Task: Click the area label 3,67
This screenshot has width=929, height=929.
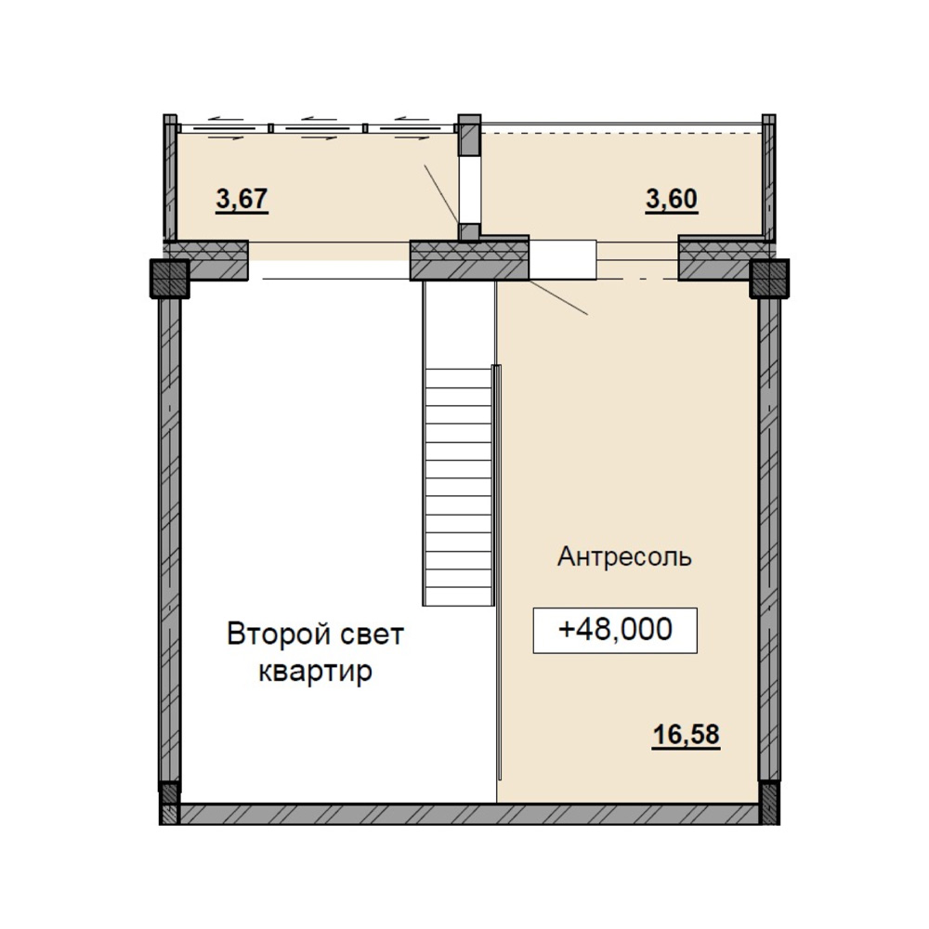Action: click(x=242, y=199)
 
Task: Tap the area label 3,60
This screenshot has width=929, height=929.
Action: click(x=672, y=199)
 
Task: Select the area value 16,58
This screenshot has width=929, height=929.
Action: click(x=687, y=735)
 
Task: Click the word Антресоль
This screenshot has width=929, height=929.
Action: click(x=624, y=557)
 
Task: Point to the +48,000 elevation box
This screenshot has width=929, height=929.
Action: click(x=615, y=631)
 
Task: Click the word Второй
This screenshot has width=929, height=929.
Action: click(x=271, y=635)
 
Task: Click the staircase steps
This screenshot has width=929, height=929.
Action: click(x=458, y=485)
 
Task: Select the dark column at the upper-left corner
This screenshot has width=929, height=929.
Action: click(x=169, y=278)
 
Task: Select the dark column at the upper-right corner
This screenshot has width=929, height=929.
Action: click(x=769, y=278)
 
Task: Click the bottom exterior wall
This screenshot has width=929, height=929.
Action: click(x=469, y=814)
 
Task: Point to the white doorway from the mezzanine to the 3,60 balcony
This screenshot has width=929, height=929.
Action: click(x=562, y=259)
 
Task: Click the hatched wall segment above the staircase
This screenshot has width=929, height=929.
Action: click(x=469, y=260)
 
